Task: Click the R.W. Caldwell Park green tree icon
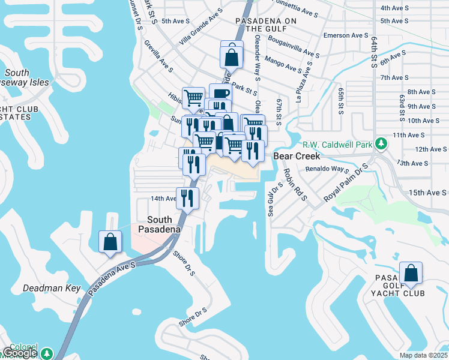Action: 380,144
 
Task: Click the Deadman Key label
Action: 52,288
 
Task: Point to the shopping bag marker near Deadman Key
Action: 110,242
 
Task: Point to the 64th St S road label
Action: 375,47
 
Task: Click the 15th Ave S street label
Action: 427,193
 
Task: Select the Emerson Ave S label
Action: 345,35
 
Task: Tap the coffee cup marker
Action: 220,94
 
